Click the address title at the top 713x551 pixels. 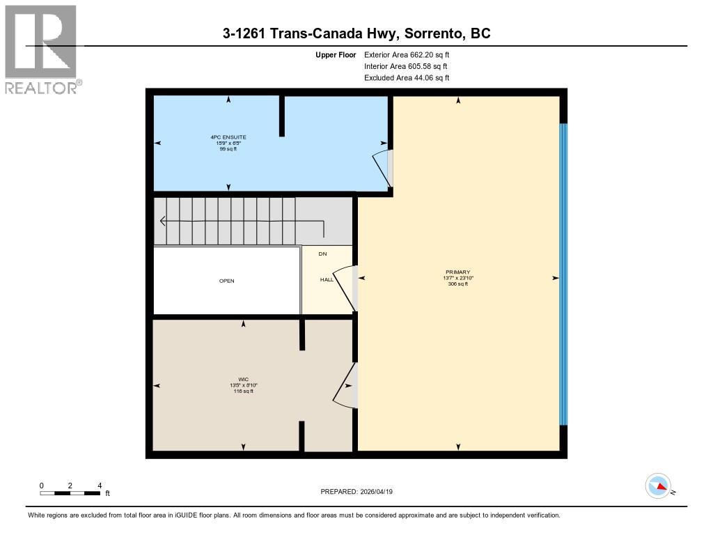click(356, 33)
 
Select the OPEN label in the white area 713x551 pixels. click(227, 281)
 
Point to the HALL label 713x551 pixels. click(326, 279)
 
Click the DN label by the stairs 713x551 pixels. click(322, 254)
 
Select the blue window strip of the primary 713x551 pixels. click(563, 274)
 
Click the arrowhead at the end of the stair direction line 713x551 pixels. click(163, 222)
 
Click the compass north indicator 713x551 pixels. click(658, 486)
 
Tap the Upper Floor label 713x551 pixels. click(336, 54)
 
